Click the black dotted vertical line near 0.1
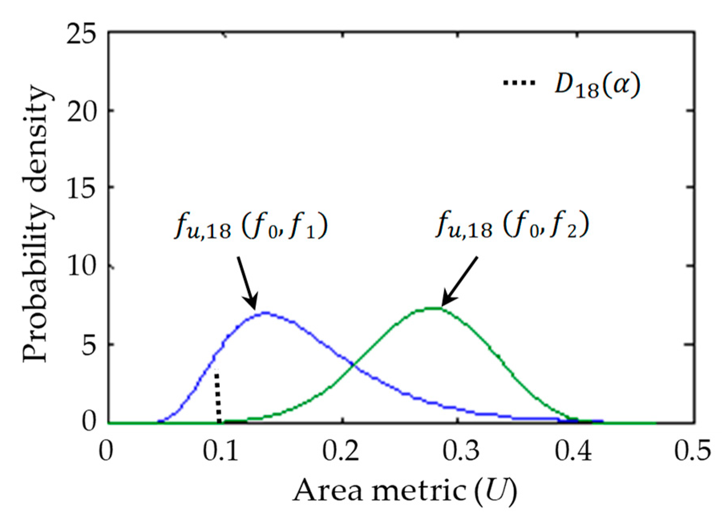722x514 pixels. (x=218, y=397)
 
